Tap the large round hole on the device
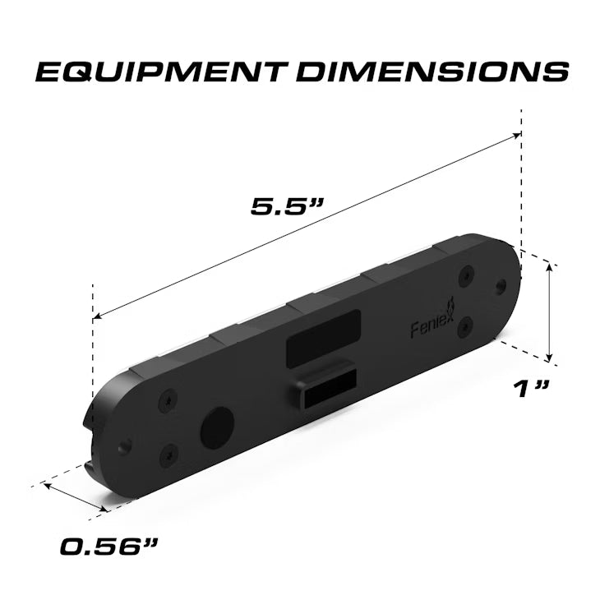217,427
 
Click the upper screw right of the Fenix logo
466,275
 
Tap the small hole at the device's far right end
501,286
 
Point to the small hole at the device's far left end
125,447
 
